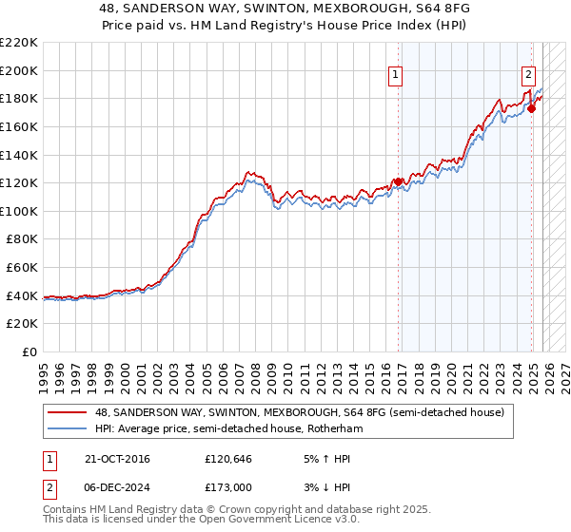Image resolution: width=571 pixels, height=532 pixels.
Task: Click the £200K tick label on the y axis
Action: (x=19, y=70)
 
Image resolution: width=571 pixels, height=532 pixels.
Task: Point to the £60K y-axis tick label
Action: (x=22, y=268)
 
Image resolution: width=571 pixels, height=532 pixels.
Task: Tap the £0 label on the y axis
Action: (x=30, y=352)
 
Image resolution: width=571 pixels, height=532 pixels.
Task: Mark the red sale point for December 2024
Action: (x=531, y=108)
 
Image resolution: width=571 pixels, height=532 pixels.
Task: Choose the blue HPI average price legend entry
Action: (x=228, y=428)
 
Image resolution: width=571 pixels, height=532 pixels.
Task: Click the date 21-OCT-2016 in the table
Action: (x=117, y=459)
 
